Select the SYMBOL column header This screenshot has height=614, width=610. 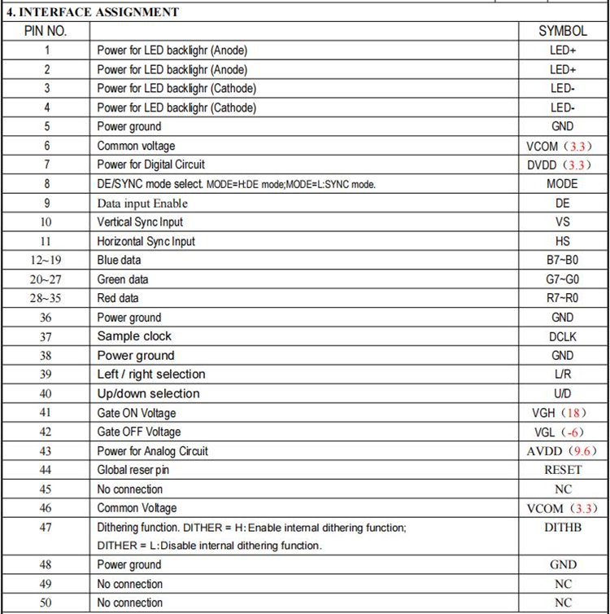tap(562, 31)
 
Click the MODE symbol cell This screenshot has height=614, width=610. tap(562, 184)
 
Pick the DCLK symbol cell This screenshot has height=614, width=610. tap(562, 336)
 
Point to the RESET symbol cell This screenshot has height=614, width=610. tap(563, 470)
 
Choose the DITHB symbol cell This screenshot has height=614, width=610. tap(563, 528)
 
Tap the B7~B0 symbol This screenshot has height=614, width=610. tap(563, 261)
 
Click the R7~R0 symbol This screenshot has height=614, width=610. tap(563, 299)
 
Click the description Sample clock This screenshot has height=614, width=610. tap(134, 336)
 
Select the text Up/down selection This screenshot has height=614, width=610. tap(148, 394)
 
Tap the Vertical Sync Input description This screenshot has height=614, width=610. tap(140, 222)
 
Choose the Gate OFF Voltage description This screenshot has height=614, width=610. tap(139, 432)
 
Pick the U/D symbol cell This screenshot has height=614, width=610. tap(563, 394)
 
